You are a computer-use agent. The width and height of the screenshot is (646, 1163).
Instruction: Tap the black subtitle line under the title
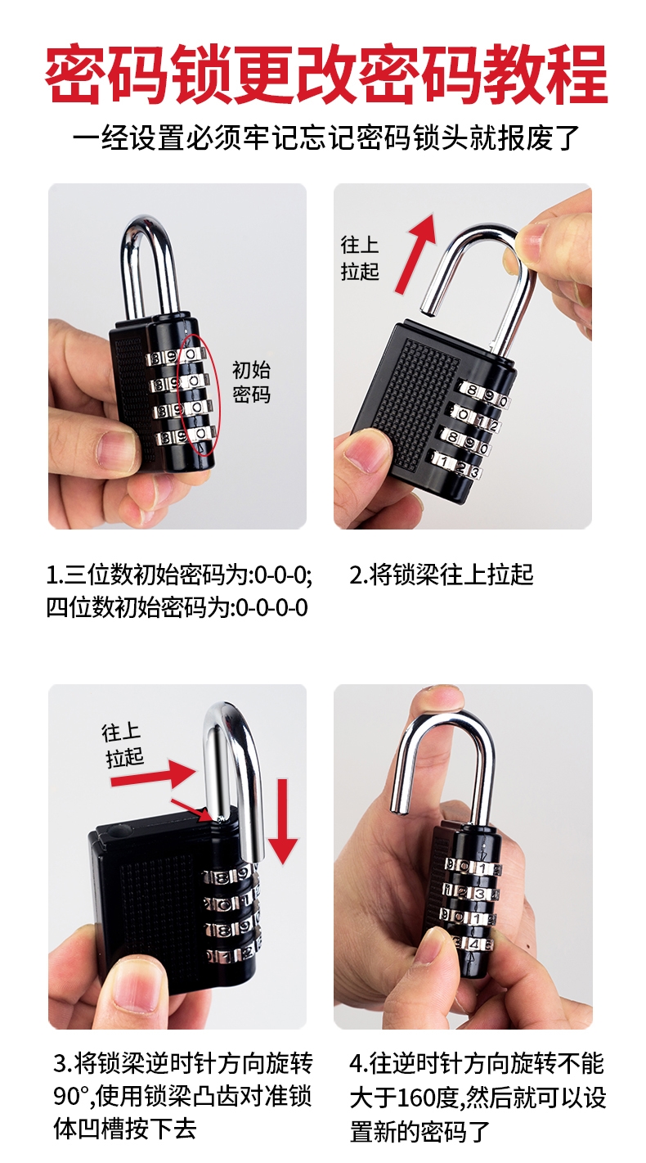point(325,137)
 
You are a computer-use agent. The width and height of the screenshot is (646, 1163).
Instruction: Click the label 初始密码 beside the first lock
point(251,382)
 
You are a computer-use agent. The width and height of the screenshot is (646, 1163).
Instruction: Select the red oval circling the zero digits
point(196,393)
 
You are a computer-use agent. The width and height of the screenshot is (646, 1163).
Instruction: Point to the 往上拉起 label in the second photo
point(360,258)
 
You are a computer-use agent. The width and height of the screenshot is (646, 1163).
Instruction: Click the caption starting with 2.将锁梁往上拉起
point(442,575)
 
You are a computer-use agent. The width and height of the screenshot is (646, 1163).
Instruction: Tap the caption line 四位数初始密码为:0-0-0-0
point(177,608)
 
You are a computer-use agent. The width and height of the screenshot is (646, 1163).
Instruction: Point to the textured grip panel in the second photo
point(413,401)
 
